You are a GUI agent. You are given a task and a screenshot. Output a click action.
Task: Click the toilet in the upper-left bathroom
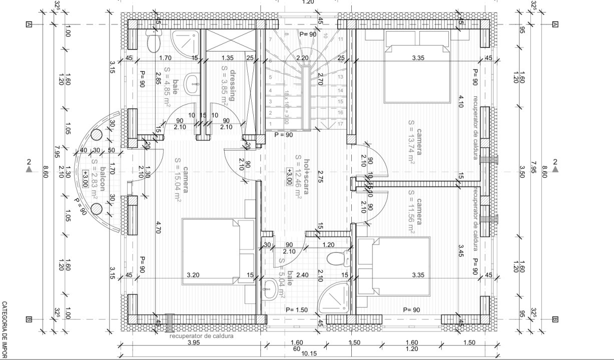pyautogui.click(x=153, y=39)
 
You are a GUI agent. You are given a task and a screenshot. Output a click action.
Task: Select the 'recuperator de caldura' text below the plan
pyautogui.click(x=201, y=336)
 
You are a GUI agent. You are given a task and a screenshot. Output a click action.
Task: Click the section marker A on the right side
pyautogui.click(x=554, y=24)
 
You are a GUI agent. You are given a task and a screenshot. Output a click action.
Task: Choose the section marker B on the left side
pyautogui.click(x=29, y=319)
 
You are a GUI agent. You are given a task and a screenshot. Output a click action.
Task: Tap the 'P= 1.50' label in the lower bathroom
pyautogui.click(x=297, y=310)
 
